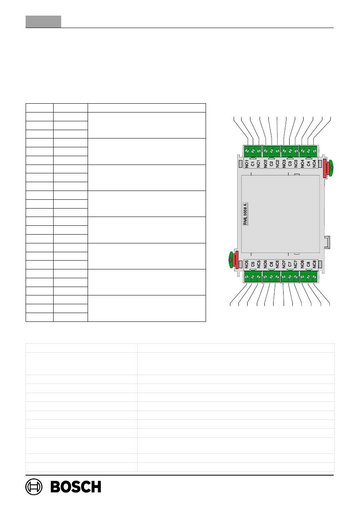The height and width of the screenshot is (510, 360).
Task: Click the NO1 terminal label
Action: [247, 164]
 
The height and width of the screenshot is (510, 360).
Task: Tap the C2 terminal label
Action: [271, 164]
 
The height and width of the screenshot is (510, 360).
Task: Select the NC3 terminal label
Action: [296, 164]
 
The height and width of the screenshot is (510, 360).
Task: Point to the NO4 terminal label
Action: [302, 164]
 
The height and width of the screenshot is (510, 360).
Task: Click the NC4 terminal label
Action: [314, 164]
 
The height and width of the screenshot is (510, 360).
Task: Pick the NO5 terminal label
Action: [246, 264]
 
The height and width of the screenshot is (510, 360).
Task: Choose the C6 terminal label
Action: [271, 264]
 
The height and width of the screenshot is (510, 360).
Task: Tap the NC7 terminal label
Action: [295, 264]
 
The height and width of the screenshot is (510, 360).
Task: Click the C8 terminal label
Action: [308, 264]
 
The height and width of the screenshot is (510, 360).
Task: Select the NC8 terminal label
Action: [314, 264]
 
